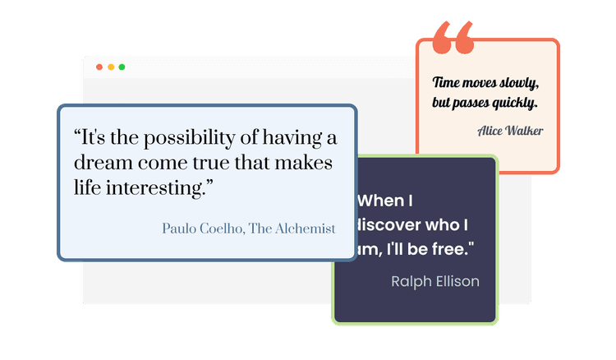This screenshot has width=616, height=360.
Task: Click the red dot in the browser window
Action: coord(99,67)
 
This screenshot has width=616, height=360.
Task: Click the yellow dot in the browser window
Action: coord(111,67)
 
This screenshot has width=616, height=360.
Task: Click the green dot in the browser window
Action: coord(122,67)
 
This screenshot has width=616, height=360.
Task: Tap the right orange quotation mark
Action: coord(464,38)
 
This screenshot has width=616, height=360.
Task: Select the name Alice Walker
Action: coord(509,130)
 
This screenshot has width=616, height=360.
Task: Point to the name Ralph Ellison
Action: coord(435,282)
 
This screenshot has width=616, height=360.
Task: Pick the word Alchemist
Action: coord(305,228)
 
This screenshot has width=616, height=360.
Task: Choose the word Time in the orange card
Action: coord(447,83)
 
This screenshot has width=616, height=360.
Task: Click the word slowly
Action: coord(519,83)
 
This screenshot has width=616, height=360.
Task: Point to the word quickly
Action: coord(515,104)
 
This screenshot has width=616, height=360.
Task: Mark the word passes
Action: coord(471,104)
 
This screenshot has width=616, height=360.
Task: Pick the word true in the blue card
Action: coord(226,163)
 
